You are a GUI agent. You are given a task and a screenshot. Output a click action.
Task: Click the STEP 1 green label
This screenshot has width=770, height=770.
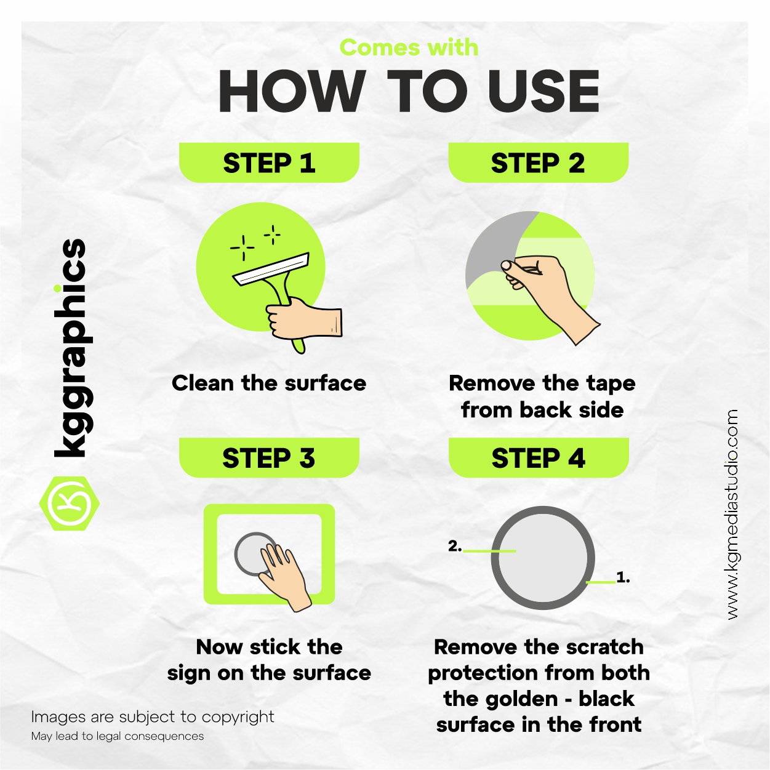click(269, 162)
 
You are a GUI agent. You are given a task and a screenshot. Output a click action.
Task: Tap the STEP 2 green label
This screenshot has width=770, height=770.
click(538, 162)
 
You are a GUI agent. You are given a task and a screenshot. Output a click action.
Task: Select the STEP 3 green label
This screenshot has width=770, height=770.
click(269, 457)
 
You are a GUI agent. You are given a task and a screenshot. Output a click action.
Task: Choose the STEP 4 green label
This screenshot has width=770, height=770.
click(539, 457)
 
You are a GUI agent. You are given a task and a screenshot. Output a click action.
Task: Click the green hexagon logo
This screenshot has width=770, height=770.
click(70, 503)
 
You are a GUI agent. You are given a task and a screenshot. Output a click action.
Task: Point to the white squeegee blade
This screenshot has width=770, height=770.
click(271, 269)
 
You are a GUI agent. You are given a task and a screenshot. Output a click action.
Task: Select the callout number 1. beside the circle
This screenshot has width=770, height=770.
click(623, 577)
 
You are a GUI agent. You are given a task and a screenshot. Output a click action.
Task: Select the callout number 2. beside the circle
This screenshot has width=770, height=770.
click(455, 546)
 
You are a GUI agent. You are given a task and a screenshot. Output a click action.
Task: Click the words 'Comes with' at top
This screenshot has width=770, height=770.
click(409, 47)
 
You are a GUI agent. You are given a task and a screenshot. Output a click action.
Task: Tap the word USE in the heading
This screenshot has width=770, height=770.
click(543, 91)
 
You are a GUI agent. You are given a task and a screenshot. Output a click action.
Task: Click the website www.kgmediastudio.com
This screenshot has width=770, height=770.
click(732, 515)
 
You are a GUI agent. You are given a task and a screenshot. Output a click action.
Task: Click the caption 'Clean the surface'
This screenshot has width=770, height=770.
click(269, 383)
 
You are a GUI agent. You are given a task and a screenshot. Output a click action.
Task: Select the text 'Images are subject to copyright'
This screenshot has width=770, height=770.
click(153, 717)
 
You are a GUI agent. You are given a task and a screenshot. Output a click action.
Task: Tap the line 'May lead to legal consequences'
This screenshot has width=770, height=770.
click(118, 736)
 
